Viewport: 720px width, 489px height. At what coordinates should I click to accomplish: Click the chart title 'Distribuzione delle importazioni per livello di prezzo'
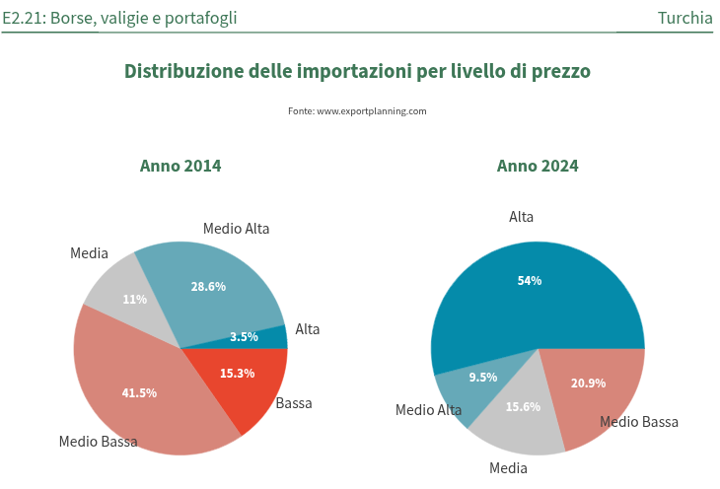[357, 71]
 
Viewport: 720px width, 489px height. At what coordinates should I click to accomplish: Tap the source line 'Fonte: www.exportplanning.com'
[357, 111]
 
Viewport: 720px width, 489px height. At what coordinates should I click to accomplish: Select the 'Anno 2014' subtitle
[180, 166]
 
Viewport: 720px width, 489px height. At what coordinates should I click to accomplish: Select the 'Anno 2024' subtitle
[538, 166]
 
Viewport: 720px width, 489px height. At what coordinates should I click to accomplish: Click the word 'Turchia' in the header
[684, 18]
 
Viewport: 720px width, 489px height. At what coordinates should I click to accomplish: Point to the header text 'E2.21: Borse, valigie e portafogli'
[119, 18]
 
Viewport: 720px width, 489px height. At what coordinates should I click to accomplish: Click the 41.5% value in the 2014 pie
[139, 392]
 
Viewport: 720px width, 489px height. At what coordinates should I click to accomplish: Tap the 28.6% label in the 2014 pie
[208, 287]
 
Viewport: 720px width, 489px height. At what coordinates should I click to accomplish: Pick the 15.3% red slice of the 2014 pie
[238, 374]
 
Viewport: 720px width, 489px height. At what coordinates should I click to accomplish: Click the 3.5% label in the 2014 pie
[244, 337]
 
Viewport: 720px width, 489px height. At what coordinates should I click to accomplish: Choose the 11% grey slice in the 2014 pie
[135, 300]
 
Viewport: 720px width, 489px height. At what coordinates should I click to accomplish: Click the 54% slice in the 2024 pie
[530, 281]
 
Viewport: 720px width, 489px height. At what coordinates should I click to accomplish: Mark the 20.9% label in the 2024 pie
[589, 384]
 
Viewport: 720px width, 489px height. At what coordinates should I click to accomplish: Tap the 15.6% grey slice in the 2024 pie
[523, 406]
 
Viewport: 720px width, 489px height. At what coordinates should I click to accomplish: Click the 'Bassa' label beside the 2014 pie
[294, 403]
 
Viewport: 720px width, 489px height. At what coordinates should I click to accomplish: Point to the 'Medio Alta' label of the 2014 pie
[237, 229]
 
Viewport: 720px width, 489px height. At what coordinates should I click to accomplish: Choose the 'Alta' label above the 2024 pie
[521, 217]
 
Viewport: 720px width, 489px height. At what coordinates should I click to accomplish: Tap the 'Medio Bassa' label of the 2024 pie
[639, 422]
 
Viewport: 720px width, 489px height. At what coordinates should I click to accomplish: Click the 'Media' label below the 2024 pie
[508, 467]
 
